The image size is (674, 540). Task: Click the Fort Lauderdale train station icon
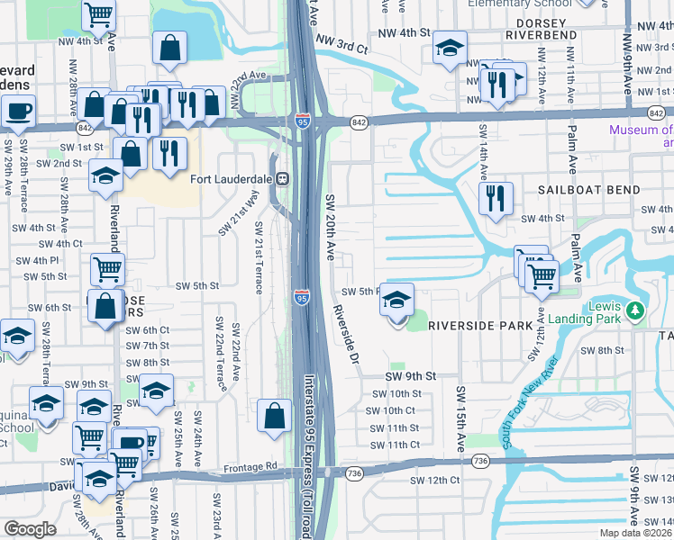coord(281,177)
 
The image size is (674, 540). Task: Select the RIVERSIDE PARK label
coord(475,325)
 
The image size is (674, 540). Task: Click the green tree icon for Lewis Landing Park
coord(637,311)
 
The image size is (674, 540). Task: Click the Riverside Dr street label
coord(346,334)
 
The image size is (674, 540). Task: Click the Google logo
coord(30,529)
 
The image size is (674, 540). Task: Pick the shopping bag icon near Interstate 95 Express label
coord(274,415)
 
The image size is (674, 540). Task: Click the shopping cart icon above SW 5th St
coord(107,267)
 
